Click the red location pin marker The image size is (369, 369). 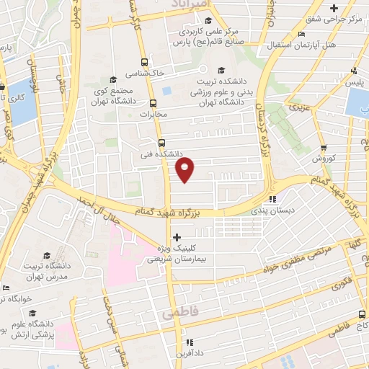185,170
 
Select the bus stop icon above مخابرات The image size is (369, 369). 152,102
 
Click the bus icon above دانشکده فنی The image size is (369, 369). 161,142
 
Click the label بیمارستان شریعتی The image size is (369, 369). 180,258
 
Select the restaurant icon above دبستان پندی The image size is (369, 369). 272,199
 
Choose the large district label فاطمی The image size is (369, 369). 179,314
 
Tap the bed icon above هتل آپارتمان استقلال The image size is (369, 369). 301,35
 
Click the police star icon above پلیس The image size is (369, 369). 353,71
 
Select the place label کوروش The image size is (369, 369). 325,157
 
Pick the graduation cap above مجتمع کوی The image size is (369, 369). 112,79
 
